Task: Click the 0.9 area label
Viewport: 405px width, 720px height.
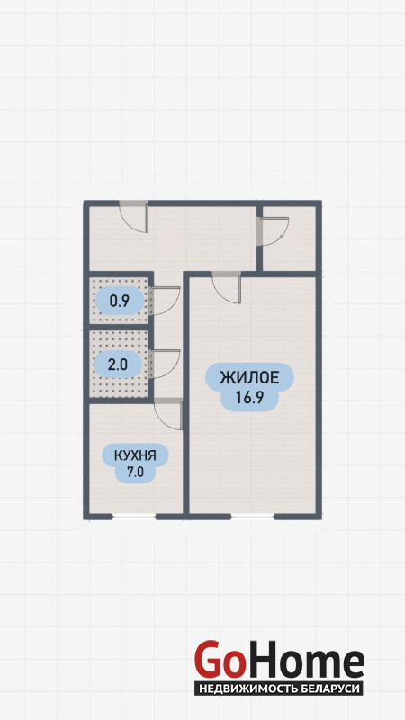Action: [120, 301]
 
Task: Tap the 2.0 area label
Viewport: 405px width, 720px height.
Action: [117, 365]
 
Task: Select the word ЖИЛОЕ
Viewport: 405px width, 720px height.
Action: [249, 378]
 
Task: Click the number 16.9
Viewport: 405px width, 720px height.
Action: [249, 397]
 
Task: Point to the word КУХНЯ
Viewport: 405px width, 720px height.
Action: [135, 455]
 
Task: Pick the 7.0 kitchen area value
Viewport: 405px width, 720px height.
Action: [135, 472]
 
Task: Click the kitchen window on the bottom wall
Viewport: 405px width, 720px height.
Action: [134, 517]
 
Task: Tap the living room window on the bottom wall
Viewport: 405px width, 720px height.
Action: [252, 517]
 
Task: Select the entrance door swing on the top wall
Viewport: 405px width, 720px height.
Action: [133, 219]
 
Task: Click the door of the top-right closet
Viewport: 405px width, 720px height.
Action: [274, 232]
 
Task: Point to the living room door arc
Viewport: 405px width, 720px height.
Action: [227, 288]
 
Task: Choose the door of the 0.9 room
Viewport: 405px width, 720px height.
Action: [165, 301]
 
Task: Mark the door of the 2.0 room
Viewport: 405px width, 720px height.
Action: [165, 364]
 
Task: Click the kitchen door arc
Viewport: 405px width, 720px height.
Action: [168, 414]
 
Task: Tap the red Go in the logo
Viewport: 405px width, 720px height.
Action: [219, 661]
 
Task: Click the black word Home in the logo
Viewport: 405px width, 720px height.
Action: [304, 661]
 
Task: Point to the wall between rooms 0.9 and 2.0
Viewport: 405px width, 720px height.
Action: [118, 327]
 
